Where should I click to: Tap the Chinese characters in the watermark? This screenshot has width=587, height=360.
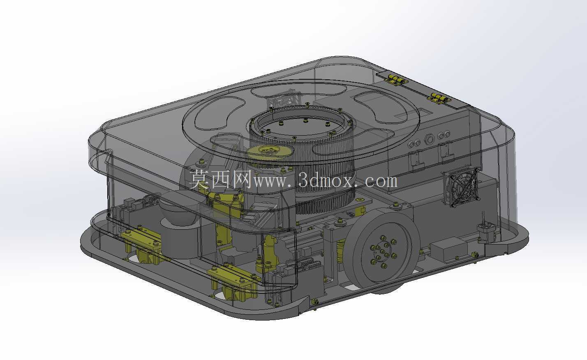coord(221,179)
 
